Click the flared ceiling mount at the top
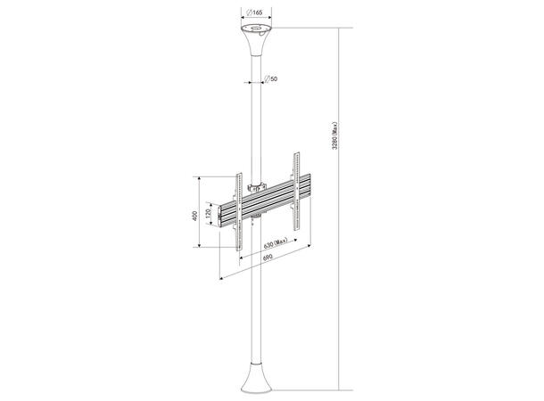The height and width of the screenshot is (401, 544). tap(257, 43)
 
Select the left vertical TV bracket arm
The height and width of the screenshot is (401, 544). tap(238, 211)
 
